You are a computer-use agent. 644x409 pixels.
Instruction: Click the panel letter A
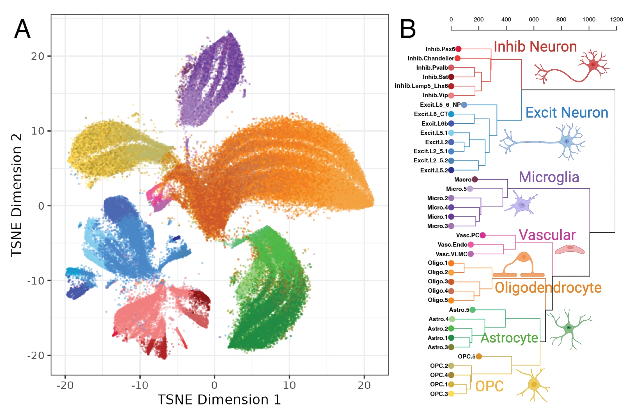pos(23,29)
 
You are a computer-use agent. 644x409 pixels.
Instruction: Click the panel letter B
pos(408,29)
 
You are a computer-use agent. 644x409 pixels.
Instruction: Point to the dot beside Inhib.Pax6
pos(458,49)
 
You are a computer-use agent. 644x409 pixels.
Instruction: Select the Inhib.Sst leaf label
pos(435,77)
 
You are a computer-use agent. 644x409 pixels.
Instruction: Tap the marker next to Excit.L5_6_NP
pos(464,105)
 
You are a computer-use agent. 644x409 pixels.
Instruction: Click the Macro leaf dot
pos(475,180)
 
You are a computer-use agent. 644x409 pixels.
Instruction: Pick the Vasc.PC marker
pos(482,235)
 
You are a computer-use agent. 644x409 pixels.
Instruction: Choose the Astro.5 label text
pos(459,310)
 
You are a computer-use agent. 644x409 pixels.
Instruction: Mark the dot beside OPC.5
pos(479,356)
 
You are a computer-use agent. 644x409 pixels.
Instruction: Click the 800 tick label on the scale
pos(561,19)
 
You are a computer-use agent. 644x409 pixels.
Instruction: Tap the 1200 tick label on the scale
pos(616,19)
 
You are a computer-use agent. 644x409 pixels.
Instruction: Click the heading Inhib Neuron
pos(535,47)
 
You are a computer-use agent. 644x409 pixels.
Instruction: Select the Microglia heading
pos(549,177)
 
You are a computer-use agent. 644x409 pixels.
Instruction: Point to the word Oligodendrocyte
pos(548,287)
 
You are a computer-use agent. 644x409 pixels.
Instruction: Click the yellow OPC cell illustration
pos(534,385)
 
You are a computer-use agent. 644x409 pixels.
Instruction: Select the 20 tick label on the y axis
pos(37,56)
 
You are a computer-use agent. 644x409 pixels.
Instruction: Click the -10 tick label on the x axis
pos(139,385)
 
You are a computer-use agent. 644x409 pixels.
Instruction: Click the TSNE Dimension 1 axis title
pos(219,400)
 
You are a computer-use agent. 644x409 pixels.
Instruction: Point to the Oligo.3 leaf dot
pos(451,282)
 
